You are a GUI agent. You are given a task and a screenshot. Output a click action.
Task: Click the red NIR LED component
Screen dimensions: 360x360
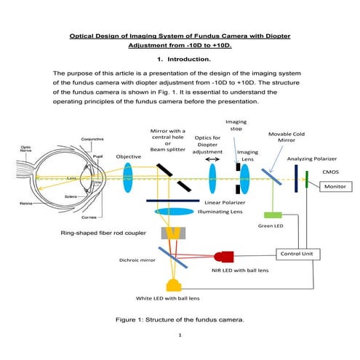(x=225, y=257)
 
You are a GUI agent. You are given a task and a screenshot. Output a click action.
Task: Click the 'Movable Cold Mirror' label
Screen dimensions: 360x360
(x=289, y=138)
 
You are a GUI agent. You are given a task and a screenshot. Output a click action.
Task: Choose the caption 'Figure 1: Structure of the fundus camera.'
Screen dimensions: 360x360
(x=179, y=319)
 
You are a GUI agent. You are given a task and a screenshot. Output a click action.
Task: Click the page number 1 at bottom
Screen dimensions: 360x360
(x=179, y=336)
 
